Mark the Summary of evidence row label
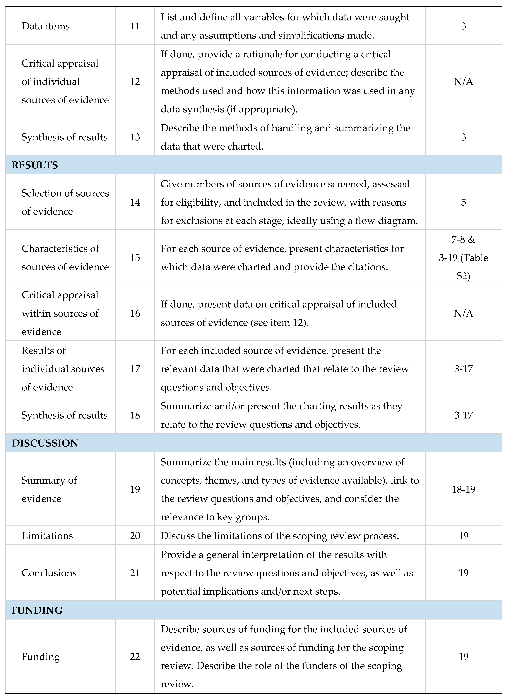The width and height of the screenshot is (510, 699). [49, 489]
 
